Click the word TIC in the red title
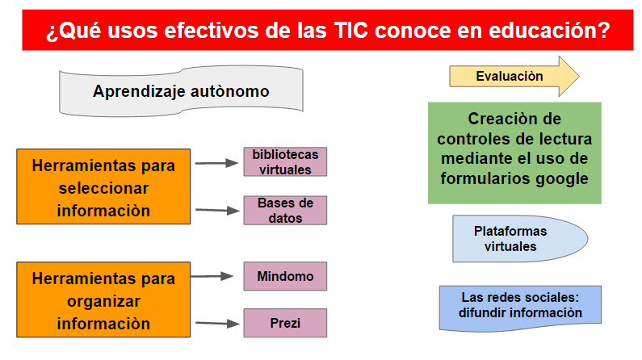point(350,31)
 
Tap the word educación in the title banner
point(549,31)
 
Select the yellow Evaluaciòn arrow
point(514,76)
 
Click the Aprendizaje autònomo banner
point(181,91)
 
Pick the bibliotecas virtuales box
point(285,162)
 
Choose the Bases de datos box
point(285,211)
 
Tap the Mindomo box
point(285,276)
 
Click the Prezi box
point(285,323)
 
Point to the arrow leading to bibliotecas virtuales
point(216,163)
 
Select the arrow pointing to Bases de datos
point(217,211)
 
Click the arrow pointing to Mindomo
point(212,276)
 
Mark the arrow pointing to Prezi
point(217,323)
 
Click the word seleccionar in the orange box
point(103,188)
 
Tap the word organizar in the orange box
point(103,302)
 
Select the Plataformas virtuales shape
point(520,239)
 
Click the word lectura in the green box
point(566,139)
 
